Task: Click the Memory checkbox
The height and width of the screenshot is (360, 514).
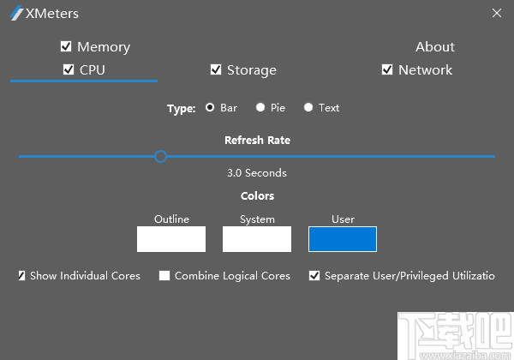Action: click(66, 47)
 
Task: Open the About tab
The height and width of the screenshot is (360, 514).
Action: click(435, 47)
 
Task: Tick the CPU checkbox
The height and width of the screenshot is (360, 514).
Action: click(69, 70)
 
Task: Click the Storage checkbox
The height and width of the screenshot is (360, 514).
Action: click(216, 70)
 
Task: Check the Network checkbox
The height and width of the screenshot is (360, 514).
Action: click(387, 70)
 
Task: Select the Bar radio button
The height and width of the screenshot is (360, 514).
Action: click(210, 108)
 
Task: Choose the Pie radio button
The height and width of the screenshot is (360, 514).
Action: click(260, 108)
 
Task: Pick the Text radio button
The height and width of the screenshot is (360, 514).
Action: click(308, 108)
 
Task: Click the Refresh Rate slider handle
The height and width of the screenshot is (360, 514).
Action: click(160, 156)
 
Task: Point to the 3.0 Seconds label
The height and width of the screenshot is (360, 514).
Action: click(257, 173)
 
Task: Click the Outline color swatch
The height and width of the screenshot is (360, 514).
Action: click(171, 239)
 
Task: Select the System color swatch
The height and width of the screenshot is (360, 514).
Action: click(257, 239)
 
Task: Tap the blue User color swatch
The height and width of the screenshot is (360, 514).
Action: click(343, 239)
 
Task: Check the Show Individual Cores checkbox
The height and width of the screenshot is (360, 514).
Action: click(21, 276)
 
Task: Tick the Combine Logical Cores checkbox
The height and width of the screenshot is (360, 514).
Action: click(164, 276)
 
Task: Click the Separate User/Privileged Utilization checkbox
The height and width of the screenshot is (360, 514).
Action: click(314, 276)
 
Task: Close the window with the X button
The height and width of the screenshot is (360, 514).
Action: click(497, 13)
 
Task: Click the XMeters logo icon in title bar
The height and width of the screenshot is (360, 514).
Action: click(15, 14)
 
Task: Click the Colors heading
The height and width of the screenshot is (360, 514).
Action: click(257, 196)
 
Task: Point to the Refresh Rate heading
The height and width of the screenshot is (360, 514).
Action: click(257, 140)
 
